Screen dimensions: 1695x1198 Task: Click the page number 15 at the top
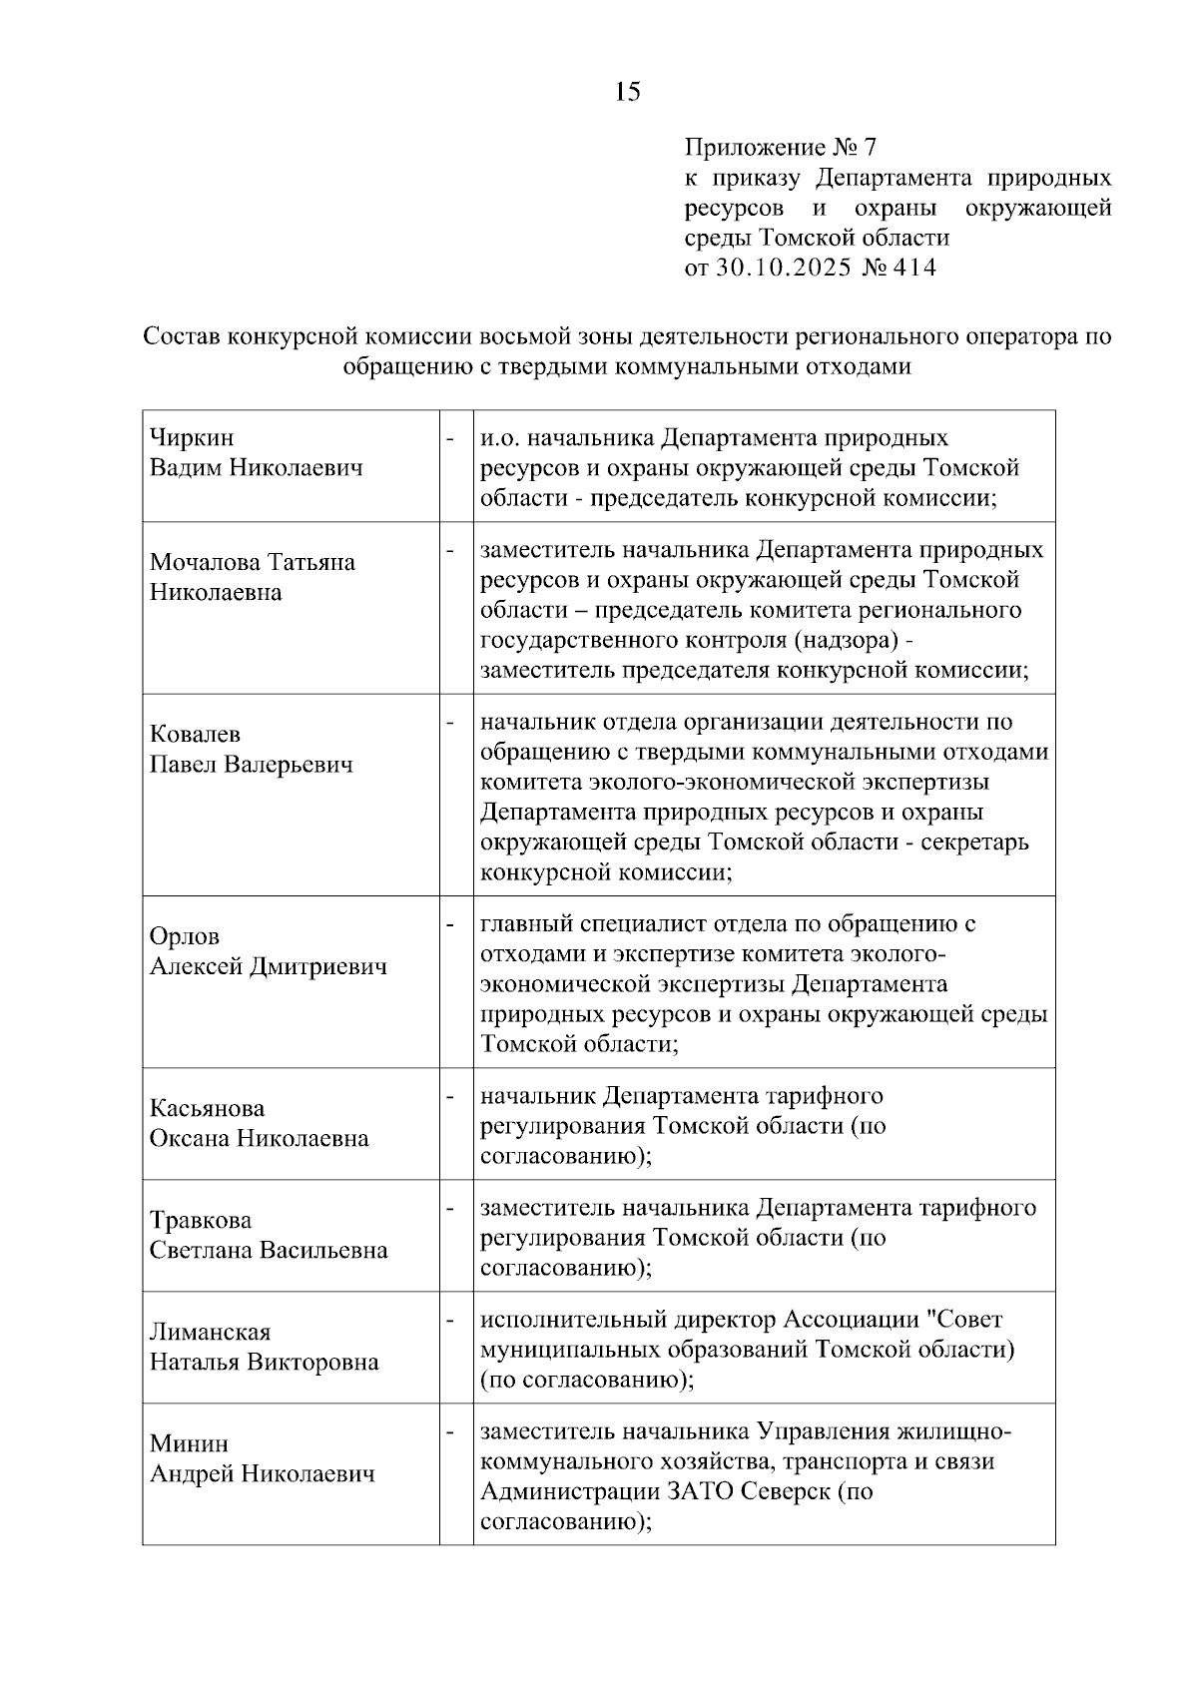[628, 92]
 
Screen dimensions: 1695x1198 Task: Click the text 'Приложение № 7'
[780, 148]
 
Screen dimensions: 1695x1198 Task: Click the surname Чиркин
[192, 437]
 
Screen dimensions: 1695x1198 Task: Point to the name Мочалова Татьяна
[253, 562]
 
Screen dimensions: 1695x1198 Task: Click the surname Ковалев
[195, 735]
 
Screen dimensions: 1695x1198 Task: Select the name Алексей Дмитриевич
[269, 966]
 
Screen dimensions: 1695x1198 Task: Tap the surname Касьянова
[207, 1108]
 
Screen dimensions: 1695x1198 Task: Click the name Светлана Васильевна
[269, 1250]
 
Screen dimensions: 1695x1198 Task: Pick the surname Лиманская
[210, 1332]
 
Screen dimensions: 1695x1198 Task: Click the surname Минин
[189, 1443]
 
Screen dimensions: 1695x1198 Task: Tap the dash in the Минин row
[450, 1430]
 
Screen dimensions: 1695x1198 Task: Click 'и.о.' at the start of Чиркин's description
[500, 437]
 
